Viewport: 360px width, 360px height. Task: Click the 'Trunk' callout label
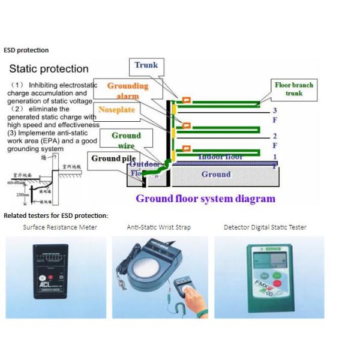[x=145, y=65]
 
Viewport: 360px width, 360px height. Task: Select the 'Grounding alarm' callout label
[x=127, y=91]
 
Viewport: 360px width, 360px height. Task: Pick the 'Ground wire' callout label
[x=126, y=140]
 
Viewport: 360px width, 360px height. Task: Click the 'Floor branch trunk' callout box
[x=294, y=89]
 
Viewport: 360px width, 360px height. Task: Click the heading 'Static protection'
[x=49, y=69]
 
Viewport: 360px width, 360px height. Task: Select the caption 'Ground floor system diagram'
[x=205, y=199]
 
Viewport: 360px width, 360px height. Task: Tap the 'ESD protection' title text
[x=26, y=50]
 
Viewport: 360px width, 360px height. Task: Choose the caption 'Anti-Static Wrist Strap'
[x=160, y=227]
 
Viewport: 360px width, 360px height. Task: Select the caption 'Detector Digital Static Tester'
[x=265, y=227]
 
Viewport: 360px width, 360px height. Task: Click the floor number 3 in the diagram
[x=274, y=110]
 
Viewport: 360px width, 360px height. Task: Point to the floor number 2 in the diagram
[x=274, y=136]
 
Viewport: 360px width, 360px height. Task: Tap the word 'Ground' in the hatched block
[x=215, y=175]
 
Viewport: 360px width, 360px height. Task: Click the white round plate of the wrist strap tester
[x=145, y=265]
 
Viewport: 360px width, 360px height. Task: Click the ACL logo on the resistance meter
[x=44, y=284]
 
